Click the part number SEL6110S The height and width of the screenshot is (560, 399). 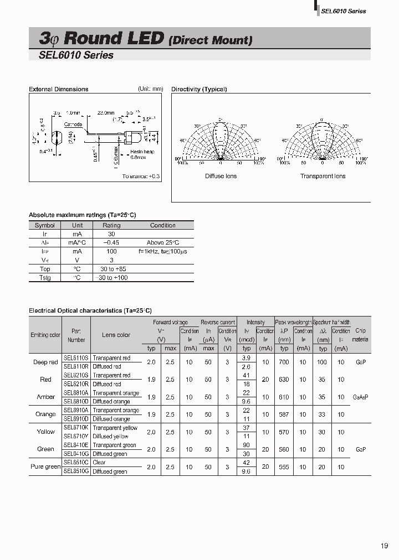coord(76,358)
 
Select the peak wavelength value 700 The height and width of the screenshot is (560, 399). coord(284,362)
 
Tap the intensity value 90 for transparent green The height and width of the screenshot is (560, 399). coord(247,445)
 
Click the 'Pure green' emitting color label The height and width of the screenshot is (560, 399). coord(45,466)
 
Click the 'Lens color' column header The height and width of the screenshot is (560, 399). coord(116,335)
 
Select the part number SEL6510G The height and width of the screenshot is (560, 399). coord(76,471)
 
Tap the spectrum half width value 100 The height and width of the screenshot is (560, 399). coord(321,362)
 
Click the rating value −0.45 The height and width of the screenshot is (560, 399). coord(111,243)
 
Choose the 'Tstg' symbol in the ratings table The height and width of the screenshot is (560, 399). coord(44,277)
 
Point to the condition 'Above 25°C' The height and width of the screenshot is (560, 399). coord(162,243)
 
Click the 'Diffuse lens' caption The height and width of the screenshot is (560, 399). coord(221,176)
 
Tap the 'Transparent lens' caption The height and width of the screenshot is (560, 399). coord(323,176)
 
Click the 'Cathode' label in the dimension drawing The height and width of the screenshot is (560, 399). coord(73,125)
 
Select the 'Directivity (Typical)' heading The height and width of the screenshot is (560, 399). coord(199,89)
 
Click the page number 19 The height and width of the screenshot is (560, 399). coord(384,546)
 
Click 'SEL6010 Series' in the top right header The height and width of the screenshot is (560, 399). coord(343,11)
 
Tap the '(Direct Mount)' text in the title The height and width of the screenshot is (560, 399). coord(210,40)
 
